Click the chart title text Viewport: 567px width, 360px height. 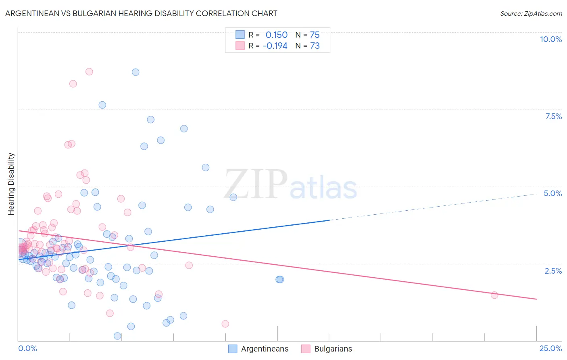tap(141, 13)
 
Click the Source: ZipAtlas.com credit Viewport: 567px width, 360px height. tap(531, 13)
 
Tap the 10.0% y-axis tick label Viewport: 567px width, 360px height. tap(550, 39)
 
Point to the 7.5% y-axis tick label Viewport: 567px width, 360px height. tap(553, 116)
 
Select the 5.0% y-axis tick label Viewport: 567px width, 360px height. tap(552, 193)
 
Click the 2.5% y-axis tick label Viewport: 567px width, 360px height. tap(553, 271)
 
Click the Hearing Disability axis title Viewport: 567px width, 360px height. tap(11, 184)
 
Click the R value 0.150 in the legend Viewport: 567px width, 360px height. tap(276, 35)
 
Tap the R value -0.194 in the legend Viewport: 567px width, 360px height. tap(275, 46)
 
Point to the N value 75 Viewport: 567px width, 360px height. tap(315, 35)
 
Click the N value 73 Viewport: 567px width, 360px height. tap(315, 46)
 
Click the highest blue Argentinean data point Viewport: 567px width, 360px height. tap(135, 72)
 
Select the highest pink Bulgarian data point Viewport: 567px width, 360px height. tap(89, 71)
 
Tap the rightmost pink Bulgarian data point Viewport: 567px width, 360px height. tap(494, 295)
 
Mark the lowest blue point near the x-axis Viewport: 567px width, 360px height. tap(117, 336)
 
